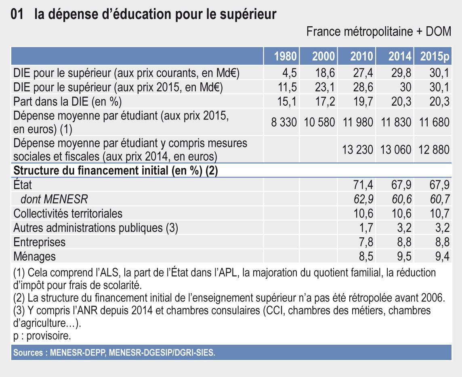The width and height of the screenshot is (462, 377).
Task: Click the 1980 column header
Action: (x=286, y=57)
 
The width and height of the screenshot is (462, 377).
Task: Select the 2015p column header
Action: (x=435, y=57)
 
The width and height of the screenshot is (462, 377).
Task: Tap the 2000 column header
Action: (x=323, y=57)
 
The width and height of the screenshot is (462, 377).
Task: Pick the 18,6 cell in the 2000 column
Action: (x=325, y=73)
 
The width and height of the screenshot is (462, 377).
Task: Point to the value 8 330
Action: (x=284, y=122)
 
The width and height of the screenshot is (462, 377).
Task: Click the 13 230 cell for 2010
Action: (x=357, y=149)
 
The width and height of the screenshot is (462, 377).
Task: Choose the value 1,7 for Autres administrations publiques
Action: (x=366, y=228)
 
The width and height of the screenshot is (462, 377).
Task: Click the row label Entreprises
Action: (x=40, y=242)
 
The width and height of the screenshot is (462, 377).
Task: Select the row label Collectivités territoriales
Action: (x=68, y=213)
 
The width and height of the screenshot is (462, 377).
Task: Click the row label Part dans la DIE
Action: (x=67, y=101)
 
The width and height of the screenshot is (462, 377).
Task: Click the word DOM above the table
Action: (x=439, y=31)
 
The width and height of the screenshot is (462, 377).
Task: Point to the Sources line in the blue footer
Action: (x=114, y=352)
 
